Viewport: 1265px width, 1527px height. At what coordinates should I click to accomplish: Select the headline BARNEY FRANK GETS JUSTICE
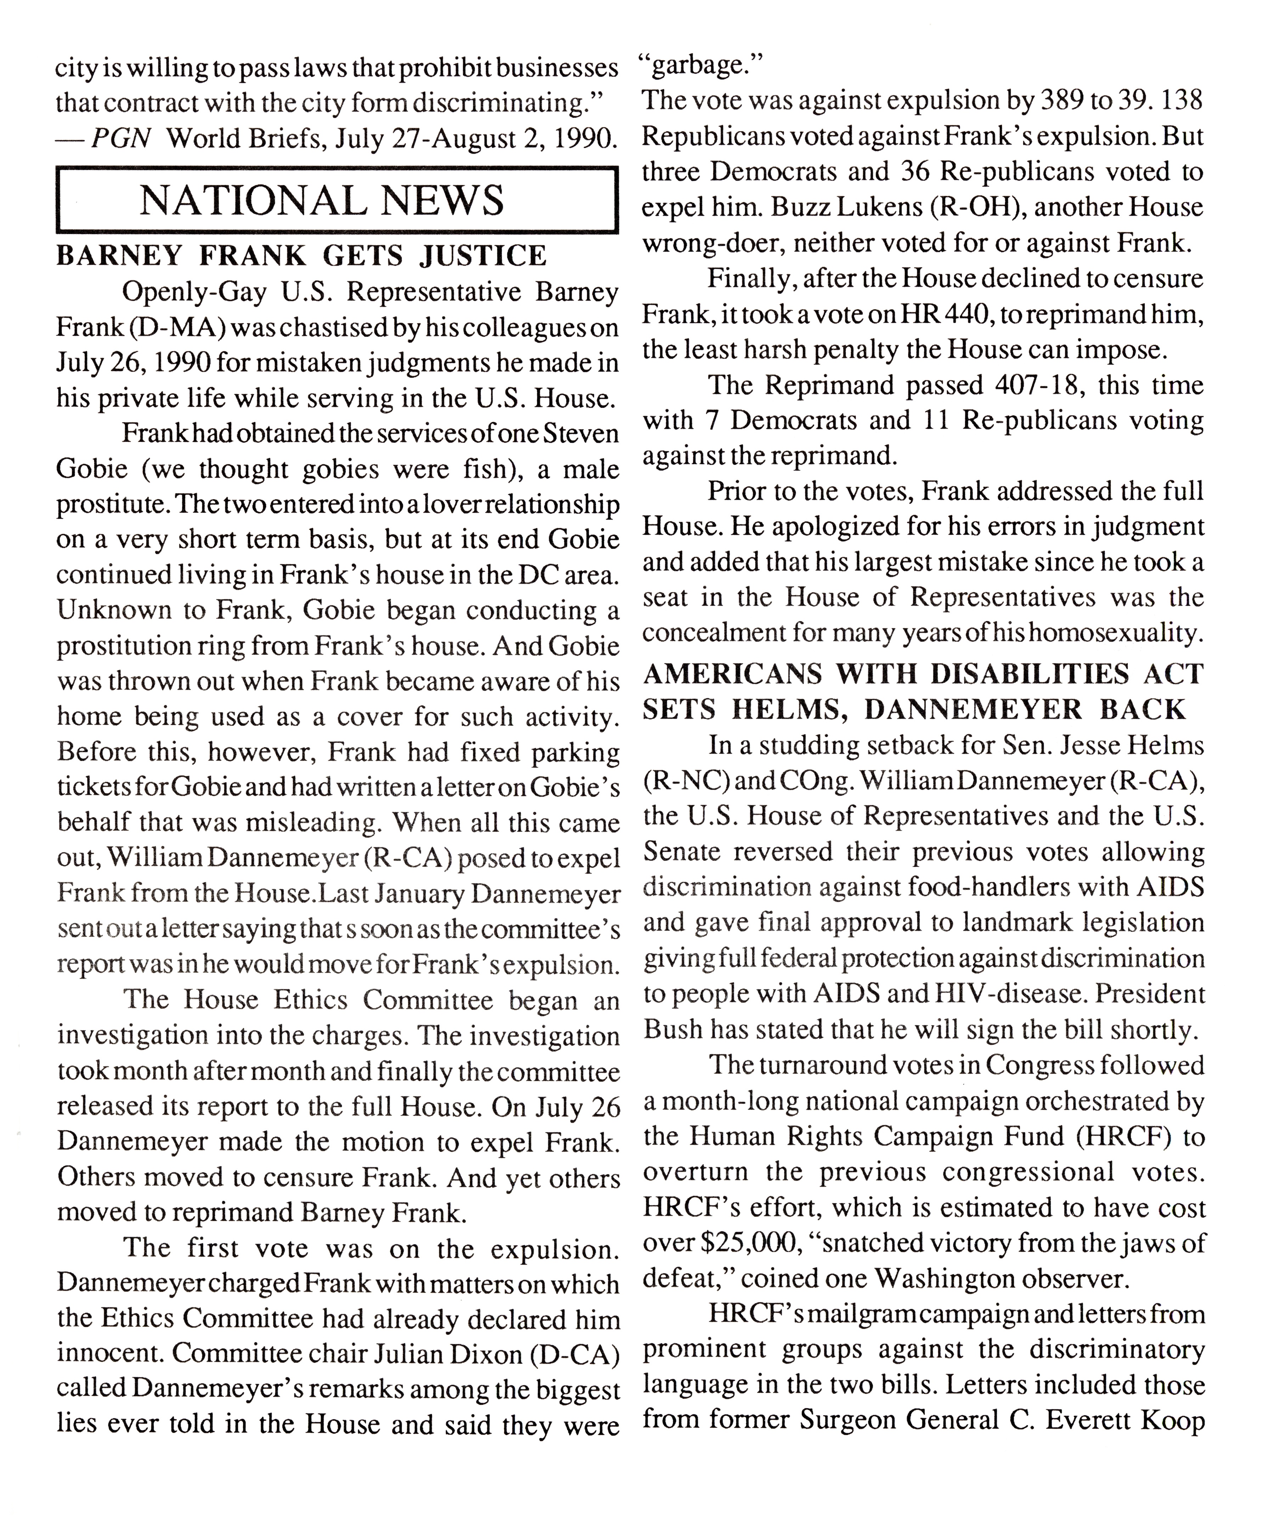click(x=301, y=256)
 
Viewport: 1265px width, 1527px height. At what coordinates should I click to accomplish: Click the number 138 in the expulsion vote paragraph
click(x=1179, y=100)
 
